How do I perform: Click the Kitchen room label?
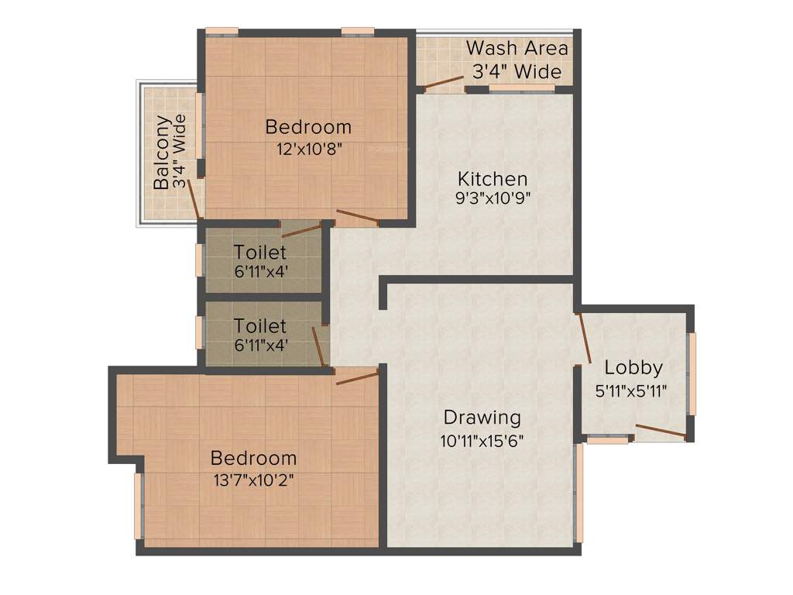click(x=492, y=178)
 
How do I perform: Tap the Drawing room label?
click(x=482, y=418)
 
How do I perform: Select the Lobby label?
click(x=633, y=367)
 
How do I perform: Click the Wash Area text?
click(x=517, y=48)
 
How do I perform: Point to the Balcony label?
click(x=162, y=152)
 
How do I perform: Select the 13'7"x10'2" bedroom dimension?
click(x=253, y=479)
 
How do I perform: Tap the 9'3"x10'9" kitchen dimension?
click(x=493, y=198)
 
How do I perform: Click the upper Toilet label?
click(x=260, y=252)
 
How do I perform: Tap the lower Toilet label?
click(x=260, y=326)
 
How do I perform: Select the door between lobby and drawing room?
click(x=585, y=338)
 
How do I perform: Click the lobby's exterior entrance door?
click(x=661, y=432)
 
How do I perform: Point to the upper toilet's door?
click(x=301, y=230)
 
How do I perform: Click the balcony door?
click(x=194, y=198)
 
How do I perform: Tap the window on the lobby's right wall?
click(x=692, y=373)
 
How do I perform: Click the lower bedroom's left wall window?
click(x=139, y=506)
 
